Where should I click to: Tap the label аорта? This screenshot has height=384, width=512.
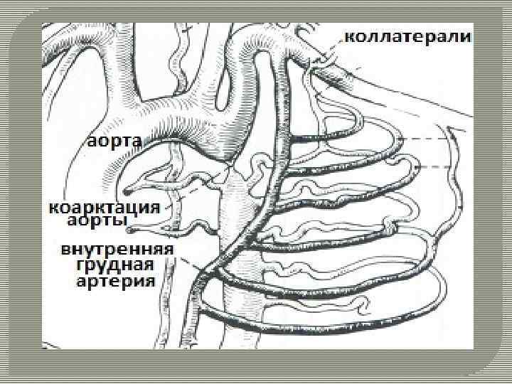(x=115, y=140)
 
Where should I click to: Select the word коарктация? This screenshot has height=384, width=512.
(x=107, y=209)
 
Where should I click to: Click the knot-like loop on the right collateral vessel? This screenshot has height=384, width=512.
(x=390, y=228)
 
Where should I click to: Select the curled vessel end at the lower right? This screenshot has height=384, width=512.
(x=363, y=305)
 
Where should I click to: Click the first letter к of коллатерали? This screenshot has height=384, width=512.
(x=350, y=36)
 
